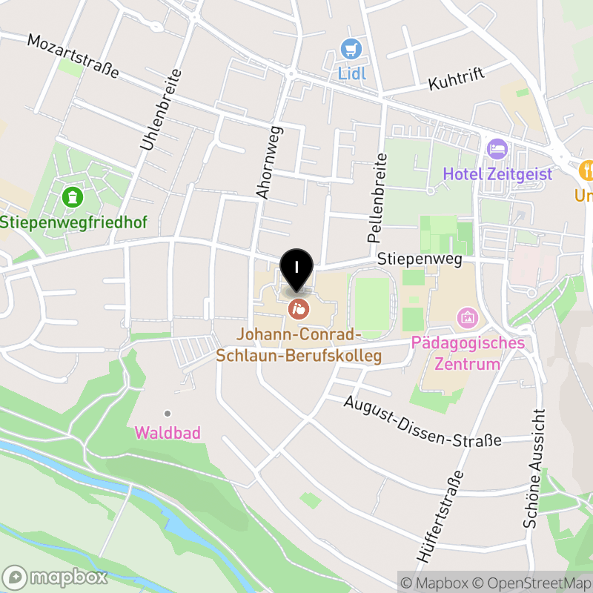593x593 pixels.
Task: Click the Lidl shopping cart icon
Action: coord(350,50)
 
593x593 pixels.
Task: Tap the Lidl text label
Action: coord(353,73)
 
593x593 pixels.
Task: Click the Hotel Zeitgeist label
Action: coord(497,175)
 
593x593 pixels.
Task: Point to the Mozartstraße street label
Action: coord(73,55)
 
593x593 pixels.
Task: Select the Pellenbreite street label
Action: coord(377,198)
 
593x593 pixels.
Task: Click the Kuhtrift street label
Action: coord(456,79)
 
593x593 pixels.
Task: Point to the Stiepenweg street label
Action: coord(420,259)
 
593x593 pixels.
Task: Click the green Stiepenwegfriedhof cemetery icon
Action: coord(73,198)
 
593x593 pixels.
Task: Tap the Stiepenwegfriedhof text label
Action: coord(73,222)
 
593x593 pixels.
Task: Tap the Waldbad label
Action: coord(168,433)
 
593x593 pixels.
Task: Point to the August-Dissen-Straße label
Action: coord(423,421)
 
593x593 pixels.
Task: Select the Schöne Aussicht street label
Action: coord(535,468)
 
